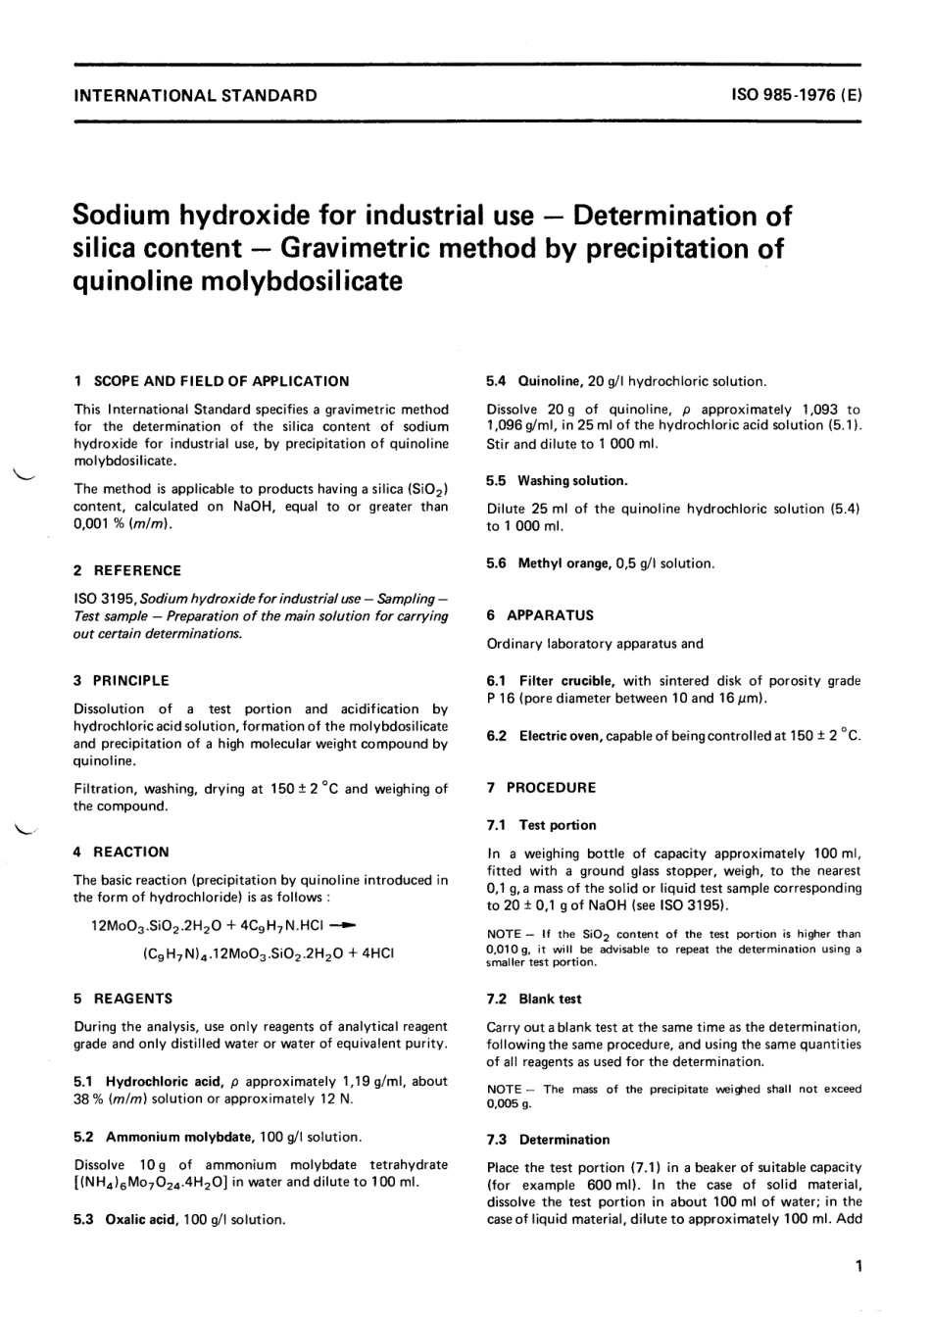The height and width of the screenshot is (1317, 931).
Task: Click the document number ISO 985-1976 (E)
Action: (x=796, y=95)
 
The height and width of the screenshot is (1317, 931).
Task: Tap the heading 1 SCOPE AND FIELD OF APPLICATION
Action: (x=211, y=381)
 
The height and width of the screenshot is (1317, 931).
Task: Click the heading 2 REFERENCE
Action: (x=127, y=570)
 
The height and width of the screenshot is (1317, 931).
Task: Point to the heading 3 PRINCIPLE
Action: (x=122, y=680)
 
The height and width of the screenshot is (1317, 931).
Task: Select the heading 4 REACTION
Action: (x=122, y=852)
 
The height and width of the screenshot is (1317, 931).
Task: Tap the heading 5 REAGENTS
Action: (x=123, y=999)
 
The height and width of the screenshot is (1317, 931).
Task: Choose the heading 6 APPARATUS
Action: (x=540, y=615)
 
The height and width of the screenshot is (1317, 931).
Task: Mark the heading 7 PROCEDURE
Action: (x=541, y=788)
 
